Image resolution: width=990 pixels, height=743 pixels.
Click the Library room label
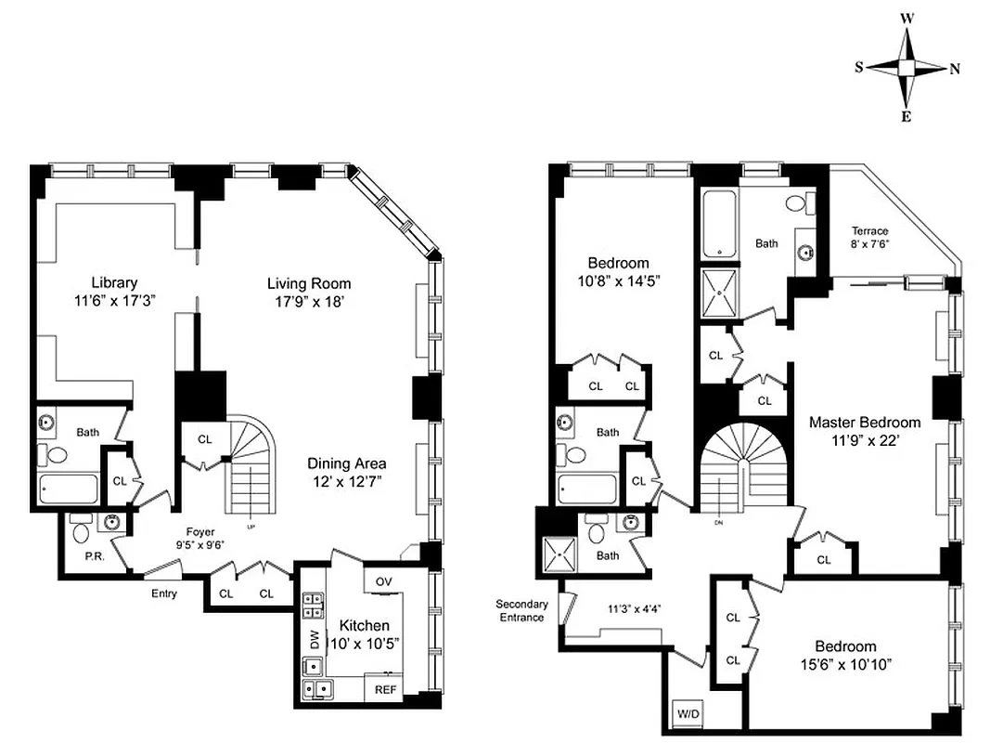click(x=114, y=282)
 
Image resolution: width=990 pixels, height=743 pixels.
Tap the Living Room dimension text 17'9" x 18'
click(x=309, y=302)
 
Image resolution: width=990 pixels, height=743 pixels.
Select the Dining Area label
click(x=347, y=463)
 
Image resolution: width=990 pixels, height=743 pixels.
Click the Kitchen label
click(x=364, y=625)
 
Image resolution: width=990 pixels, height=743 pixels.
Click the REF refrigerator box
click(x=384, y=689)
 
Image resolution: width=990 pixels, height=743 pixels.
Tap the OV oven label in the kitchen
click(x=383, y=582)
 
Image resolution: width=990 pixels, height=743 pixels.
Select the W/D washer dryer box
click(x=689, y=714)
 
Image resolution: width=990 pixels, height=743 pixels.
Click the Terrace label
click(x=869, y=231)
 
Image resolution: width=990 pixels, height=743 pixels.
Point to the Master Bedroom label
click(x=865, y=422)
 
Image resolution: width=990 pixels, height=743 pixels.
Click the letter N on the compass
click(x=955, y=69)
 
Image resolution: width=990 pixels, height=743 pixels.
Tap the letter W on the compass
click(x=906, y=18)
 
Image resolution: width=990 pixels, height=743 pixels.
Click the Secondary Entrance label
click(x=521, y=610)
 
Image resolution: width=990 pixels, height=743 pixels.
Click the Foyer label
click(x=200, y=532)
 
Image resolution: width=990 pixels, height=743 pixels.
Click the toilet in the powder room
click(x=81, y=532)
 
